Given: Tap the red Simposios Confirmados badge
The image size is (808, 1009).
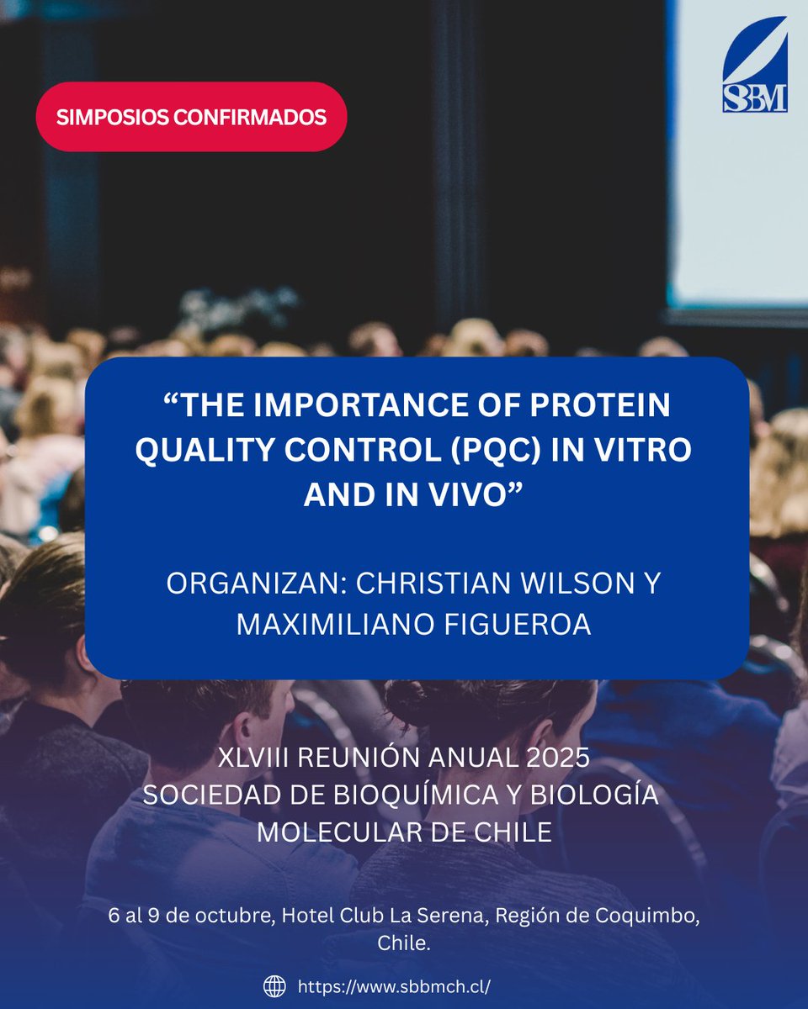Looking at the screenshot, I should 192,117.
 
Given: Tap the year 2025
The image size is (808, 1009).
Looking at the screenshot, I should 555,757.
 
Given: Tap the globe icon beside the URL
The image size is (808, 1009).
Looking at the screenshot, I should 274,985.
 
